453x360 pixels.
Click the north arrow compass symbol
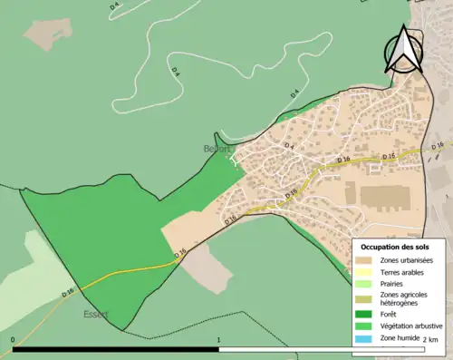(402, 51)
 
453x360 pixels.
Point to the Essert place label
(95, 315)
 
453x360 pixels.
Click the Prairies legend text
(395, 283)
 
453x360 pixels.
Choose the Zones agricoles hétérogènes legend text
(407, 299)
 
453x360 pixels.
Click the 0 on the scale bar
(13, 341)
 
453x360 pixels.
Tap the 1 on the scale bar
(218, 341)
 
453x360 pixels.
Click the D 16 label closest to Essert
(69, 293)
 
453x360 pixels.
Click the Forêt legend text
(390, 315)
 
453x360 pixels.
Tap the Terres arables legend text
(404, 271)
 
